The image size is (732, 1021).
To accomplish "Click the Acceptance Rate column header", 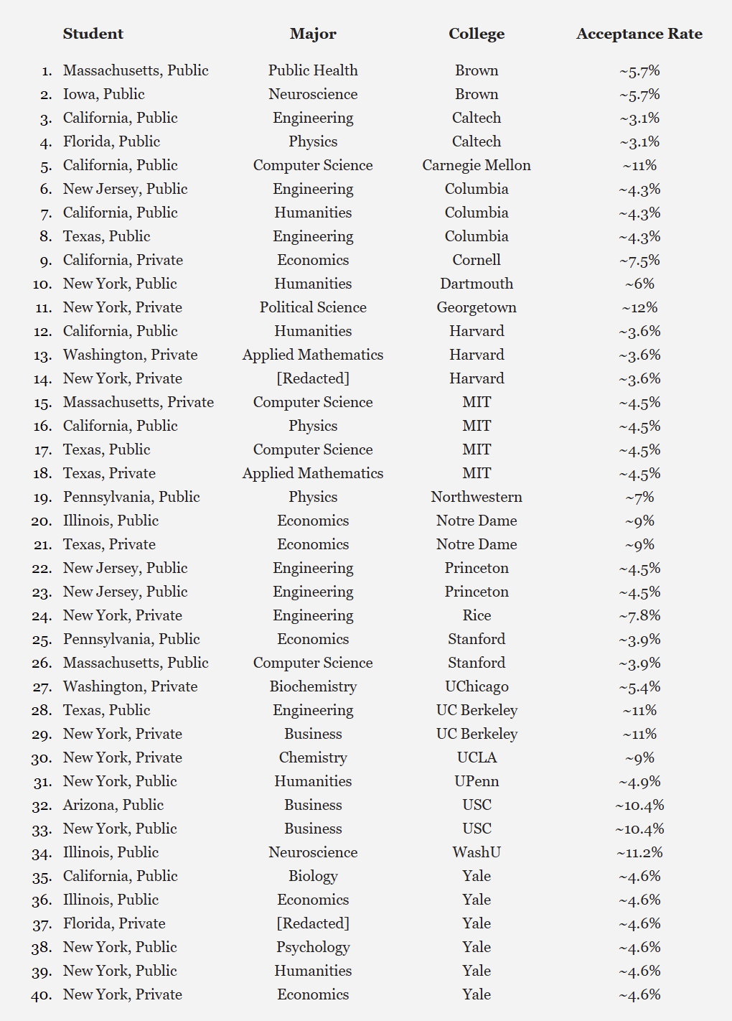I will point(639,34).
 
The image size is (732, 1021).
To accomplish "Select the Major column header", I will point(313,34).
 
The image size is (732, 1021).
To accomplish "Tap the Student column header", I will point(93,34).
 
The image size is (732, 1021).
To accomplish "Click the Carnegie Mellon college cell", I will point(477,165).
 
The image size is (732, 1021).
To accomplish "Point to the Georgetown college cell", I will point(477,307).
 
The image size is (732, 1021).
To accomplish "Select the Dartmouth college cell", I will point(477,284).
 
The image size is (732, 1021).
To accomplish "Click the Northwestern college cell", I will point(477,497).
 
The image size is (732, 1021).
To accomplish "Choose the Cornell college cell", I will point(477,260).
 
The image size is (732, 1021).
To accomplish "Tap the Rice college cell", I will point(477,615).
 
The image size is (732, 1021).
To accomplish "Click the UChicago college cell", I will point(477,686).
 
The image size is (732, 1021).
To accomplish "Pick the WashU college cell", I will point(477,852).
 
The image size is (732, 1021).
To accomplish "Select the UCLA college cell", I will point(477,757).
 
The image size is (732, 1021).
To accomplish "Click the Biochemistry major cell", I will point(313,686).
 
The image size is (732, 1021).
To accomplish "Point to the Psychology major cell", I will point(313,947).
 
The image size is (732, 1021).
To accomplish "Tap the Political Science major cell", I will point(313,307).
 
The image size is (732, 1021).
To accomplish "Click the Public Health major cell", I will point(313,70).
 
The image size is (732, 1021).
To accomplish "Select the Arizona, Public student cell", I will point(113,805).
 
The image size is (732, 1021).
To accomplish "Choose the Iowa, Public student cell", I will point(104,94).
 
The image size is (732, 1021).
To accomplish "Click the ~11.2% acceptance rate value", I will point(639,852).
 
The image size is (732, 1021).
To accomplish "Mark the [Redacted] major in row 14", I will point(313,378).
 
